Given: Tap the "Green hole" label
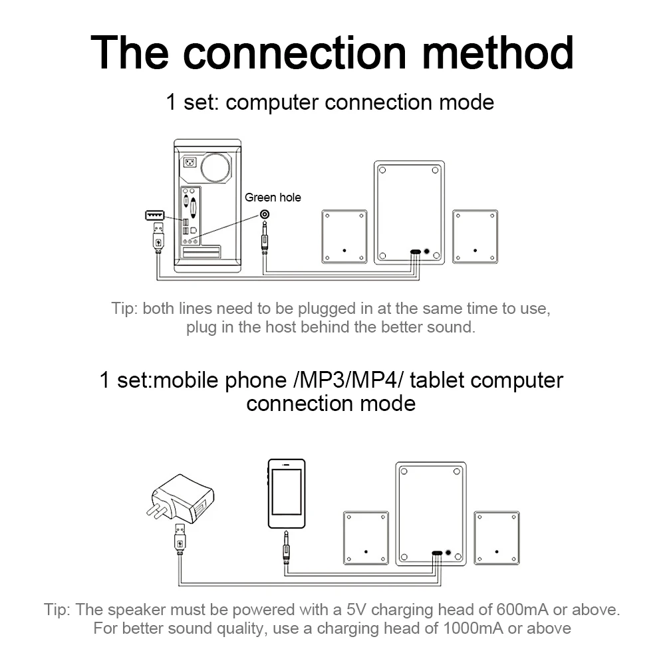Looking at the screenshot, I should click(273, 197).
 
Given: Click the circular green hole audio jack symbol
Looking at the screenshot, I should click(265, 214).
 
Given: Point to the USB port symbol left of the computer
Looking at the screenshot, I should click(154, 215).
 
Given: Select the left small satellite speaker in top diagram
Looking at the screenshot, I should click(344, 236).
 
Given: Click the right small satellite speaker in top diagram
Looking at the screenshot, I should click(475, 236).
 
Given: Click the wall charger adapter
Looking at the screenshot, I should click(183, 499).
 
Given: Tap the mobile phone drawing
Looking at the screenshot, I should click(287, 493).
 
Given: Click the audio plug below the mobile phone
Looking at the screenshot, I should click(286, 545).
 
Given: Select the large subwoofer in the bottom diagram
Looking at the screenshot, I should click(430, 513).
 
